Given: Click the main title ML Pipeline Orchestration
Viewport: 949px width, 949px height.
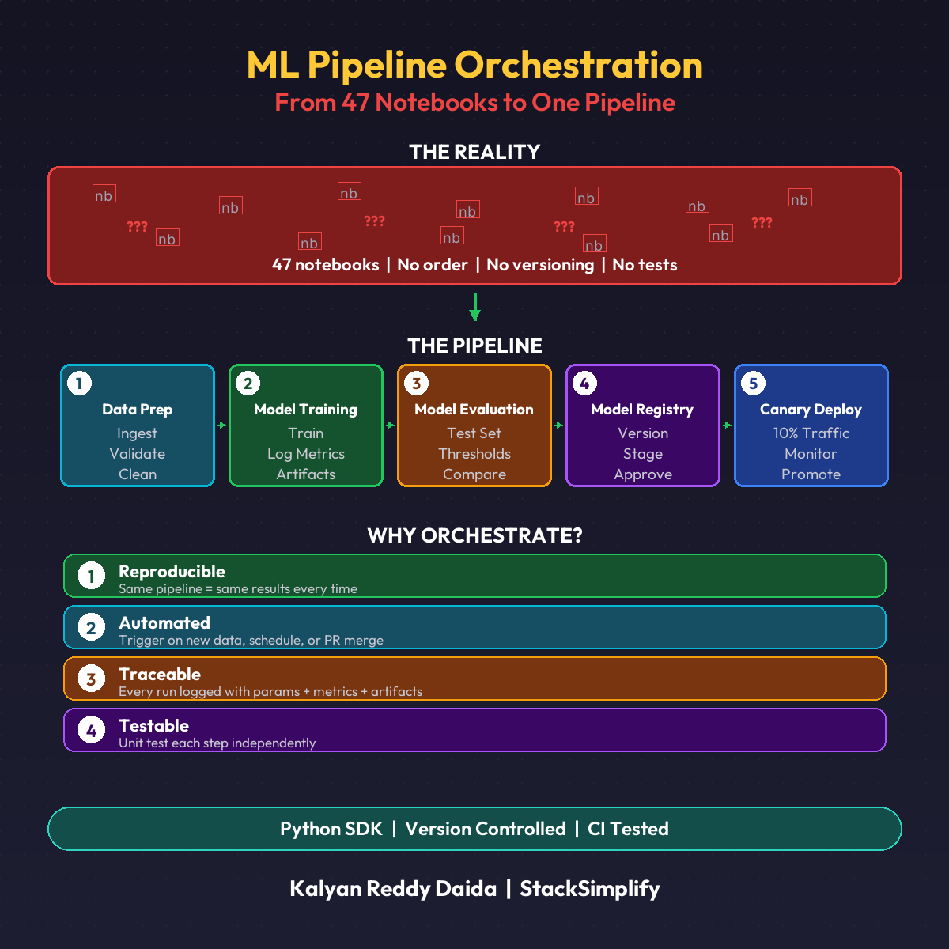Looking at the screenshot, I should click(x=475, y=65).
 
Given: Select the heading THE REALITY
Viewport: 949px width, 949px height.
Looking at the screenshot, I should click(x=475, y=152).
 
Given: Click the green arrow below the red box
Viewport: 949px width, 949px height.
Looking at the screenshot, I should click(x=475, y=307).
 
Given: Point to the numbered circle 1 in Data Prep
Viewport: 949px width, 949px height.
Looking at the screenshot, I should click(x=79, y=384).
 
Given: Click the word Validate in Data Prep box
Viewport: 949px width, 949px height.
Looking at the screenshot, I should click(x=138, y=454).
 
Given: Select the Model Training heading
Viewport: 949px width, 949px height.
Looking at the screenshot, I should click(x=305, y=410).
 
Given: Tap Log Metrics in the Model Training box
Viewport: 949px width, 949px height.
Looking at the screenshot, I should click(x=305, y=454).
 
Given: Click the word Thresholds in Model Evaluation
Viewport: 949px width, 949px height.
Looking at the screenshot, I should click(x=475, y=454).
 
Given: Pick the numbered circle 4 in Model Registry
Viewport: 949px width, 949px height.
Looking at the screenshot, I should click(x=584, y=384).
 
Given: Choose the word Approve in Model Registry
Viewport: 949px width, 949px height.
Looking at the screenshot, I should click(x=643, y=475).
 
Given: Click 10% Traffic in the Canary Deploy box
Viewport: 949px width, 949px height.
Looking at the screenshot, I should click(x=811, y=433).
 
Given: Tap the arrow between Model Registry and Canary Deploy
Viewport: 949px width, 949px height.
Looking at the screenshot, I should click(x=727, y=425).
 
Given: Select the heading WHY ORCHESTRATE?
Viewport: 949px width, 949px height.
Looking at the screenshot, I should click(x=475, y=535).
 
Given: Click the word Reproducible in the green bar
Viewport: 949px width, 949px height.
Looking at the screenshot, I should click(x=172, y=571).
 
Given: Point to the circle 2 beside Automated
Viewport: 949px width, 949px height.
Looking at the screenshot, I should click(x=91, y=627).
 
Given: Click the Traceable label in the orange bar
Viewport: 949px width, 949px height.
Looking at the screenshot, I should click(x=160, y=674).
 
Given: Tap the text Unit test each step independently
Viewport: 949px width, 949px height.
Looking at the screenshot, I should click(x=217, y=743).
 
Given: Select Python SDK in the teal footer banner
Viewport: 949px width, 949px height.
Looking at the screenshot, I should click(x=331, y=829).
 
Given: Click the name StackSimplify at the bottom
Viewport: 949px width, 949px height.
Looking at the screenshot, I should click(x=589, y=889).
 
